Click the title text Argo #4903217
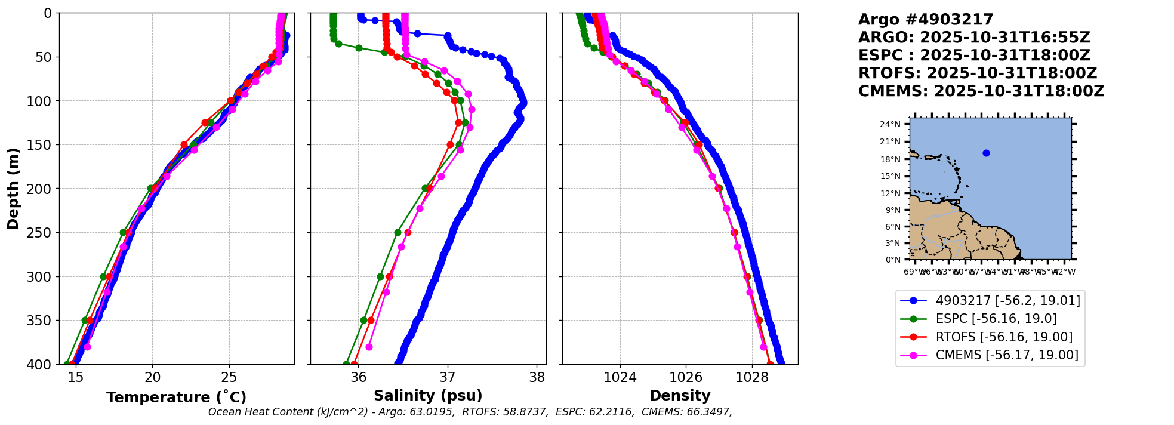(926, 20)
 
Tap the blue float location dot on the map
(986, 153)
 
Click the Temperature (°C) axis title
(176, 397)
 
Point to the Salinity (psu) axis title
(428, 396)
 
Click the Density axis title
(680, 396)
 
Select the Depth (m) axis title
(13, 188)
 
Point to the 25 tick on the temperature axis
(229, 377)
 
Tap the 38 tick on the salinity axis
(537, 377)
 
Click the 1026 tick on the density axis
(686, 377)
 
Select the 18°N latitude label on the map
(891, 159)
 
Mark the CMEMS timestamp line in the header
(981, 91)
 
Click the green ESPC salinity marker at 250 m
(398, 232)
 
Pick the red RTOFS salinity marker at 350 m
(371, 320)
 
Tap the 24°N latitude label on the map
(891, 124)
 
